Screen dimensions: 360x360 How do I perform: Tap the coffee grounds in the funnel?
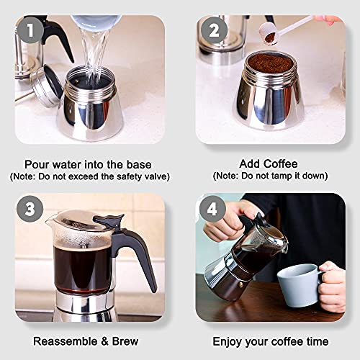point(270,65)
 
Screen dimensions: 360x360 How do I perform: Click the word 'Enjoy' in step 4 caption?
point(228,341)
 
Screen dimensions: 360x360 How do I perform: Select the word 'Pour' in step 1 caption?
point(37,163)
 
